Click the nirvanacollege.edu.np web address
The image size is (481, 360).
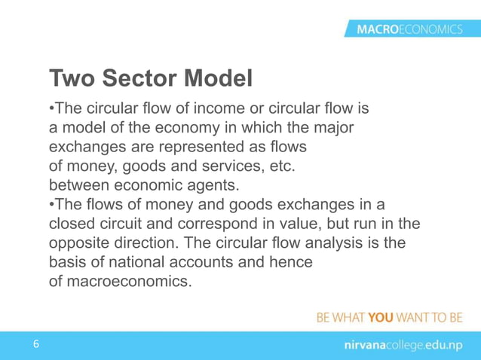(398, 345)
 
